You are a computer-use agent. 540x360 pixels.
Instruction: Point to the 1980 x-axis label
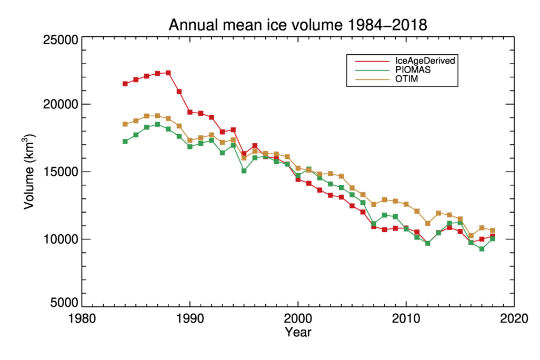pyautogui.click(x=82, y=319)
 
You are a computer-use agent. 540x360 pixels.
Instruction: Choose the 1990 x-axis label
pyautogui.click(x=189, y=319)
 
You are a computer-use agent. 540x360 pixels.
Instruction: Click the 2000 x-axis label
pyautogui.click(x=298, y=319)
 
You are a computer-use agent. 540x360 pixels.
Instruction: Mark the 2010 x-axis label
pyautogui.click(x=406, y=319)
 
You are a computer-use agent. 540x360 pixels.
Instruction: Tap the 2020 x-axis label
pyautogui.click(x=514, y=319)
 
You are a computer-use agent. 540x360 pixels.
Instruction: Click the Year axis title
pyautogui.click(x=298, y=332)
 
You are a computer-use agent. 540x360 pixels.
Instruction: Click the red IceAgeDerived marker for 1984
pyautogui.click(x=125, y=84)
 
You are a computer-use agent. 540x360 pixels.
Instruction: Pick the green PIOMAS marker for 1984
pyautogui.click(x=125, y=141)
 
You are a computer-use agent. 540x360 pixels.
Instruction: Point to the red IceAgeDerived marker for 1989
pyautogui.click(x=179, y=92)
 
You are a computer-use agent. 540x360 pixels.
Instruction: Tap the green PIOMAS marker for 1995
pyautogui.click(x=244, y=171)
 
